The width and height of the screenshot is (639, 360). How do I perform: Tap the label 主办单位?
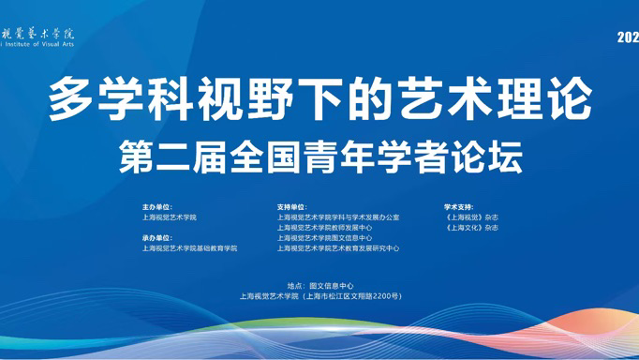[x=158, y=207]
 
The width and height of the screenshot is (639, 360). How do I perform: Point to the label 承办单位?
[x=158, y=238]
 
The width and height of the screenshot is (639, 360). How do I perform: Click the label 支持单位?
[x=292, y=207]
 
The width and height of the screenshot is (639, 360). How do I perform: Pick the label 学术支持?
[x=459, y=207]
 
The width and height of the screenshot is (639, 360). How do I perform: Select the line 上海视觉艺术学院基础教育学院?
[x=190, y=248]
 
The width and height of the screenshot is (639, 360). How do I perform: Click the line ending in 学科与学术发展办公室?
[x=337, y=217]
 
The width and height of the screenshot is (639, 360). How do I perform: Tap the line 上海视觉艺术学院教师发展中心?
[x=324, y=228]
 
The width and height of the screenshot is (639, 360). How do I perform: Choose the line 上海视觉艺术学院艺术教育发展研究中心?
[x=337, y=248]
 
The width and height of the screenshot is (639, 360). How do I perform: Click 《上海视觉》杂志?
[x=472, y=217]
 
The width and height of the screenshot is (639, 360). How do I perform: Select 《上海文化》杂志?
[x=472, y=228]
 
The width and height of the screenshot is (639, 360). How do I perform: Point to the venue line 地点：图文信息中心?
[x=319, y=285]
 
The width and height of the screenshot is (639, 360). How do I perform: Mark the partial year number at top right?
[x=628, y=37]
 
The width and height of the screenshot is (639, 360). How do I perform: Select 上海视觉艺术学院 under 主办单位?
[x=170, y=217]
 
